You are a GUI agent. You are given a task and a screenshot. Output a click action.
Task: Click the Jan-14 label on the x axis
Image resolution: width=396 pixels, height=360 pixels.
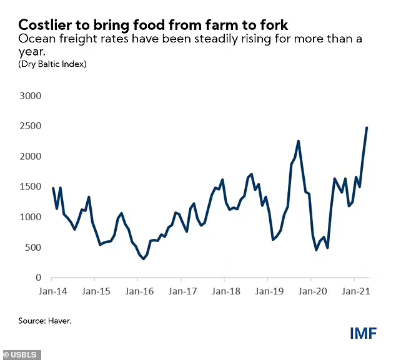pos(52,291)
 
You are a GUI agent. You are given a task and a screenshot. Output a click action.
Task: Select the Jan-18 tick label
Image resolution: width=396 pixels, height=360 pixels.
pos(225,291)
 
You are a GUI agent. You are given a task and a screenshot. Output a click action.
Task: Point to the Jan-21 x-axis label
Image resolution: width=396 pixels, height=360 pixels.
pos(355,291)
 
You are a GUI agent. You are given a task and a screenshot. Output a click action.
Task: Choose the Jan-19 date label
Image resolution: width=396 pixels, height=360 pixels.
pos(269,291)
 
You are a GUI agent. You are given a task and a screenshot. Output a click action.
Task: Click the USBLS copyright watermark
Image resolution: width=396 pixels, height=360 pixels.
pos(21,355)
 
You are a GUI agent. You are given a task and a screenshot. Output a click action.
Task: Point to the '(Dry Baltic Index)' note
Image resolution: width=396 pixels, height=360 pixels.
pos(52,64)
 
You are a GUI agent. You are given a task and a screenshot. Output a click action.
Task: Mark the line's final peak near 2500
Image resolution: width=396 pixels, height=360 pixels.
pos(367,128)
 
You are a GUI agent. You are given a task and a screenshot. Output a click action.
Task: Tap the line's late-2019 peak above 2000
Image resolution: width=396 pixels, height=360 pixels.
pos(299,141)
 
